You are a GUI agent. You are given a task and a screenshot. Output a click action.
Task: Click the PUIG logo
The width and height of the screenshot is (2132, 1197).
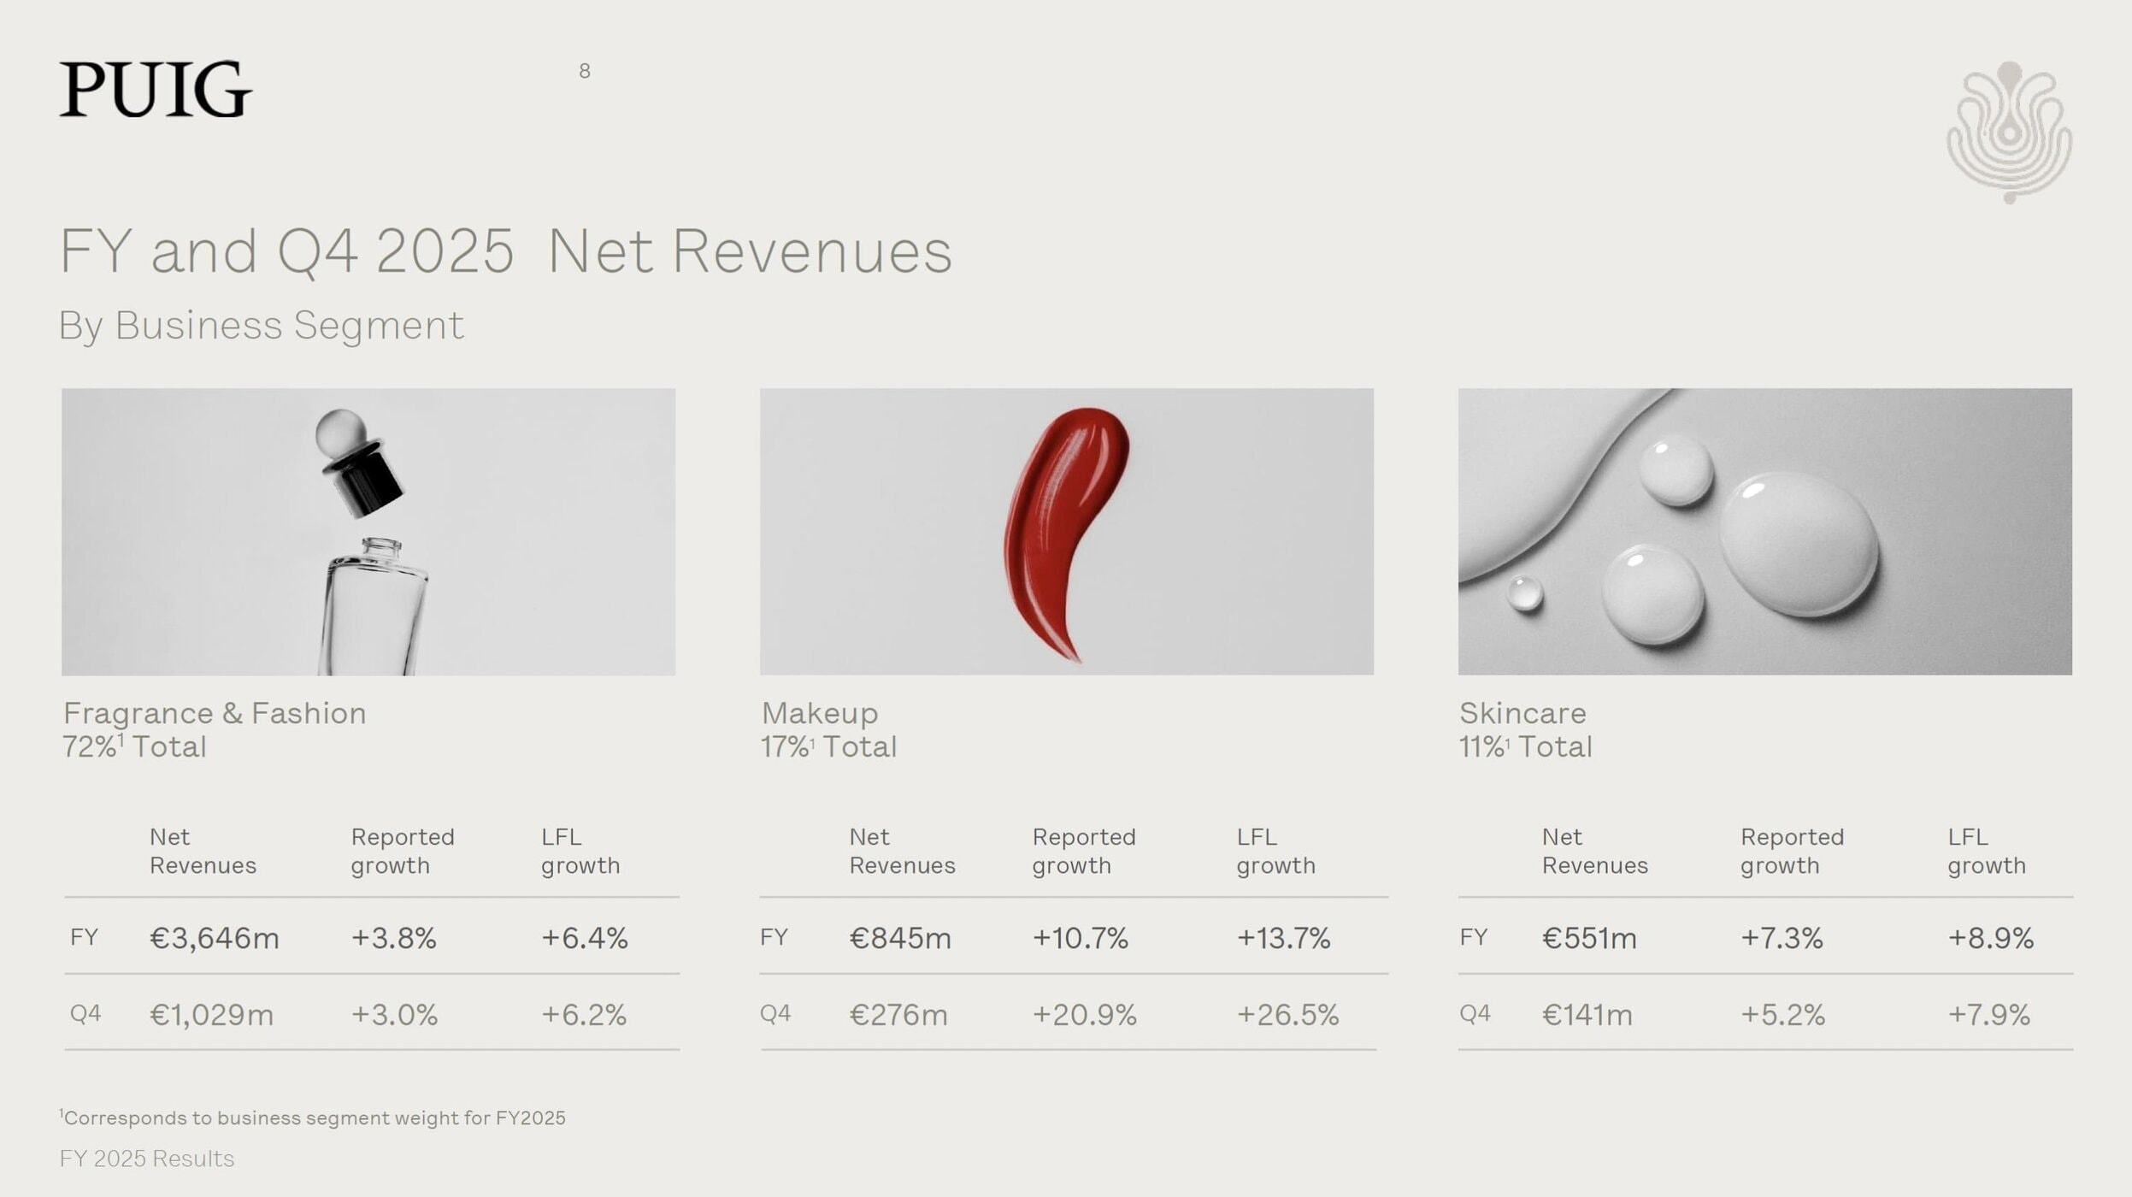pyautogui.click(x=156, y=89)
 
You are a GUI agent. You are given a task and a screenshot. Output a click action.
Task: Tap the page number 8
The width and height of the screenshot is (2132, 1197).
pyautogui.click(x=585, y=71)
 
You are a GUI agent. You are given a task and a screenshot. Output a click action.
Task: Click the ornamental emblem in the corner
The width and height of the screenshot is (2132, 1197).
pyautogui.click(x=2009, y=133)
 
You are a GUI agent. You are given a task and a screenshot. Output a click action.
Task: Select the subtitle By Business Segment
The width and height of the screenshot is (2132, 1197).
pyautogui.click(x=261, y=325)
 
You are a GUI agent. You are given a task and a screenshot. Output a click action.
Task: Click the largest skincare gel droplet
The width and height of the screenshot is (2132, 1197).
pyautogui.click(x=1798, y=544)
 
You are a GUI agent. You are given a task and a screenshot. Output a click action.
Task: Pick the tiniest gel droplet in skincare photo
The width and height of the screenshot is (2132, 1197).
pyautogui.click(x=1524, y=593)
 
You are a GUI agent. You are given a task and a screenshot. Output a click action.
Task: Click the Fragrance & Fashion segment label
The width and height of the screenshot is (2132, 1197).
pyautogui.click(x=215, y=713)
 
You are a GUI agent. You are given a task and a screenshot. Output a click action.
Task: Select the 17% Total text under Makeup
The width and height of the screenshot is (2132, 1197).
pyautogui.click(x=828, y=747)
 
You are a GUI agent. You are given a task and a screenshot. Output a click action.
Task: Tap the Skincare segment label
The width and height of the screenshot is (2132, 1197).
pyautogui.click(x=1522, y=713)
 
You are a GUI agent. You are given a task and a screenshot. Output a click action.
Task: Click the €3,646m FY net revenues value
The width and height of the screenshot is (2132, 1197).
pyautogui.click(x=215, y=938)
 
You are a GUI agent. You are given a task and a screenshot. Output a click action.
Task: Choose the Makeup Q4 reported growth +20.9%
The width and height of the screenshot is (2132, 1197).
pyautogui.click(x=1084, y=1015)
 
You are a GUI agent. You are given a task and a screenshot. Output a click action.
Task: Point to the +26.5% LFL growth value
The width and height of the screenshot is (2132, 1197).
pyautogui.click(x=1287, y=1015)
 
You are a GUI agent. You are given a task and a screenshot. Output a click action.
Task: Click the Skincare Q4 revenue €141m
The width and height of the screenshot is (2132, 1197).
pyautogui.click(x=1587, y=1015)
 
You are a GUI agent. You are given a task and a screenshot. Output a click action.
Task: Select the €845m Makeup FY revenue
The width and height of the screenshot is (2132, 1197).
pyautogui.click(x=899, y=938)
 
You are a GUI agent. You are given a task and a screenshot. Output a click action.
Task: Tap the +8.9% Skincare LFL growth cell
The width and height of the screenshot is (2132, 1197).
pyautogui.click(x=1990, y=938)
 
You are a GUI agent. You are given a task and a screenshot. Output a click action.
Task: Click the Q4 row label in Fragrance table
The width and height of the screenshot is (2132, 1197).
pyautogui.click(x=85, y=1014)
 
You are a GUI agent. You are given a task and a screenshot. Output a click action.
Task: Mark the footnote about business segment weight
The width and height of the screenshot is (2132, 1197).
pyautogui.click(x=313, y=1117)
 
